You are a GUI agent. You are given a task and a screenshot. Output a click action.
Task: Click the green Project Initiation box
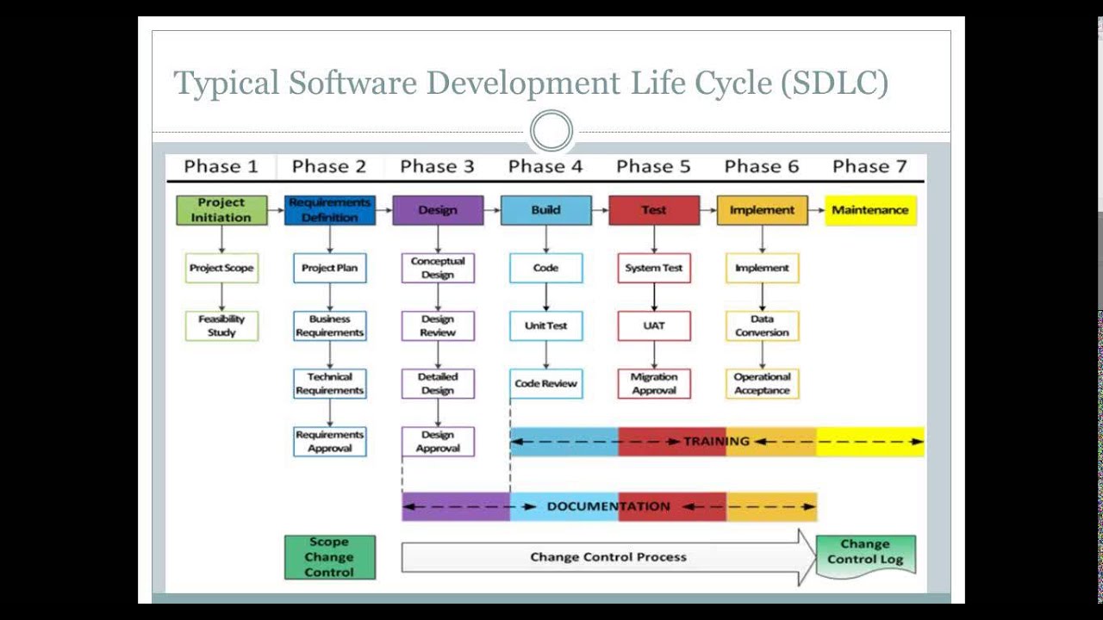coord(221,210)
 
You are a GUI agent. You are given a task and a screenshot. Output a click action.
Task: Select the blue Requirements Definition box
coord(330,210)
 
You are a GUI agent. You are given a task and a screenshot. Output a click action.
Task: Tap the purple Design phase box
coord(438,210)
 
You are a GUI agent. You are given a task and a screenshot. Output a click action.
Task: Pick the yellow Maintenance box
coord(870,210)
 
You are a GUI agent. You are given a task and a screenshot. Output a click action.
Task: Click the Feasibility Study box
coord(221,325)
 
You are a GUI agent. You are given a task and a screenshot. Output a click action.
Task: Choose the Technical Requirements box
coord(330,383)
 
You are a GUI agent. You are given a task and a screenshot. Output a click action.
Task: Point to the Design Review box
coord(438,325)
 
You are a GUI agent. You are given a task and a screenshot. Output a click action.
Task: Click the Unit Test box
coord(545,325)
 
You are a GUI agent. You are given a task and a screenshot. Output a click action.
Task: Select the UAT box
coord(654,325)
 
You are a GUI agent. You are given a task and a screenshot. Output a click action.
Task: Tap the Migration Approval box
coord(654,383)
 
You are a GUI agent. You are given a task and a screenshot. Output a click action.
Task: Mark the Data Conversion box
coord(762,325)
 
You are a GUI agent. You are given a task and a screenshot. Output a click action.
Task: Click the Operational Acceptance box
coord(762,383)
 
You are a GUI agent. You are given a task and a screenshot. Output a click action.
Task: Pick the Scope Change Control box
coord(330,557)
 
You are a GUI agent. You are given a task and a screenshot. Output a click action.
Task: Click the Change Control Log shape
coord(865,553)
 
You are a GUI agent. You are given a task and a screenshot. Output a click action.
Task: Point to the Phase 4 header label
coord(545,166)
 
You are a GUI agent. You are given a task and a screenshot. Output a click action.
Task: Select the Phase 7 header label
coord(869,166)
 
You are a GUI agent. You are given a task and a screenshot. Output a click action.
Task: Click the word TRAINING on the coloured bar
coord(716,441)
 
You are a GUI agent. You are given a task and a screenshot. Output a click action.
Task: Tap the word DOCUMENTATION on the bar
coord(608,506)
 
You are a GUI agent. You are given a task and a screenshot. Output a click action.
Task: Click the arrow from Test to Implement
coord(708,210)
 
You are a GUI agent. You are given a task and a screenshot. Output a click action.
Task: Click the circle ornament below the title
coord(551,132)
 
